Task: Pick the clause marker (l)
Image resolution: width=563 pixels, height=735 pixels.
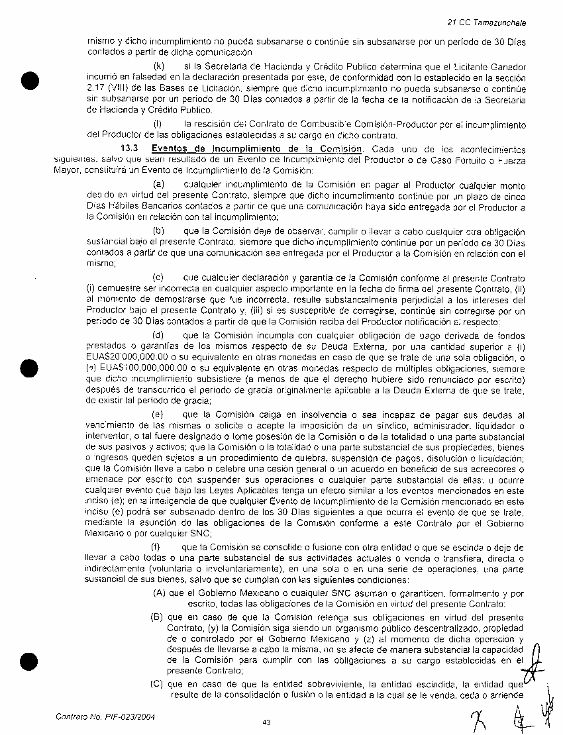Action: point(158,124)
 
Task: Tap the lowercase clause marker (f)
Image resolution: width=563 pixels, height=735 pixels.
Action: point(157,547)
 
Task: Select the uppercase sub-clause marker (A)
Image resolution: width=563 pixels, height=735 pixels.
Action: point(158,594)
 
